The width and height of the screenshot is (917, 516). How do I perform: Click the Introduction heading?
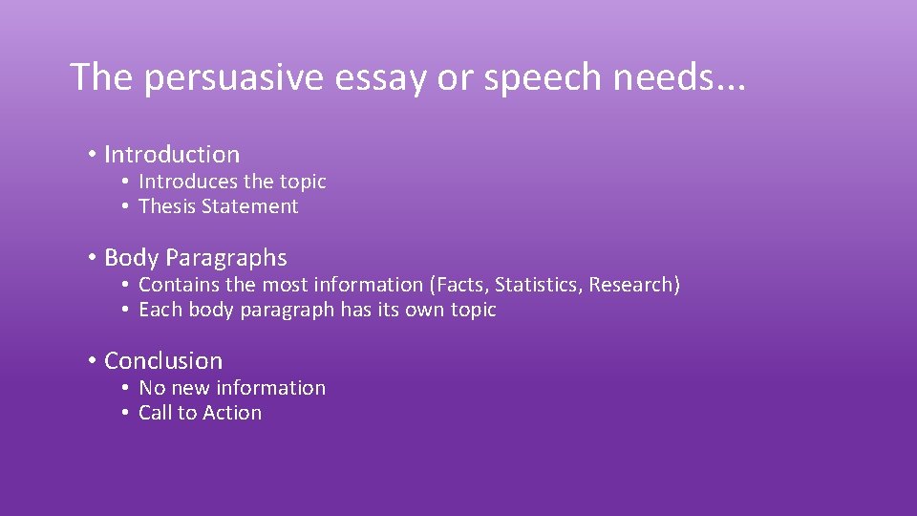click(172, 154)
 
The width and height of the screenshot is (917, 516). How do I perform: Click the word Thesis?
click(167, 206)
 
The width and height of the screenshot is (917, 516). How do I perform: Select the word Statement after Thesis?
click(249, 206)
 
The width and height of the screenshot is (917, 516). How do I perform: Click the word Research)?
click(634, 285)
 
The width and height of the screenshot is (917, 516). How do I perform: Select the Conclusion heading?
click(163, 361)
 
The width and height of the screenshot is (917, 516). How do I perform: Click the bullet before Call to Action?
click(126, 413)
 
